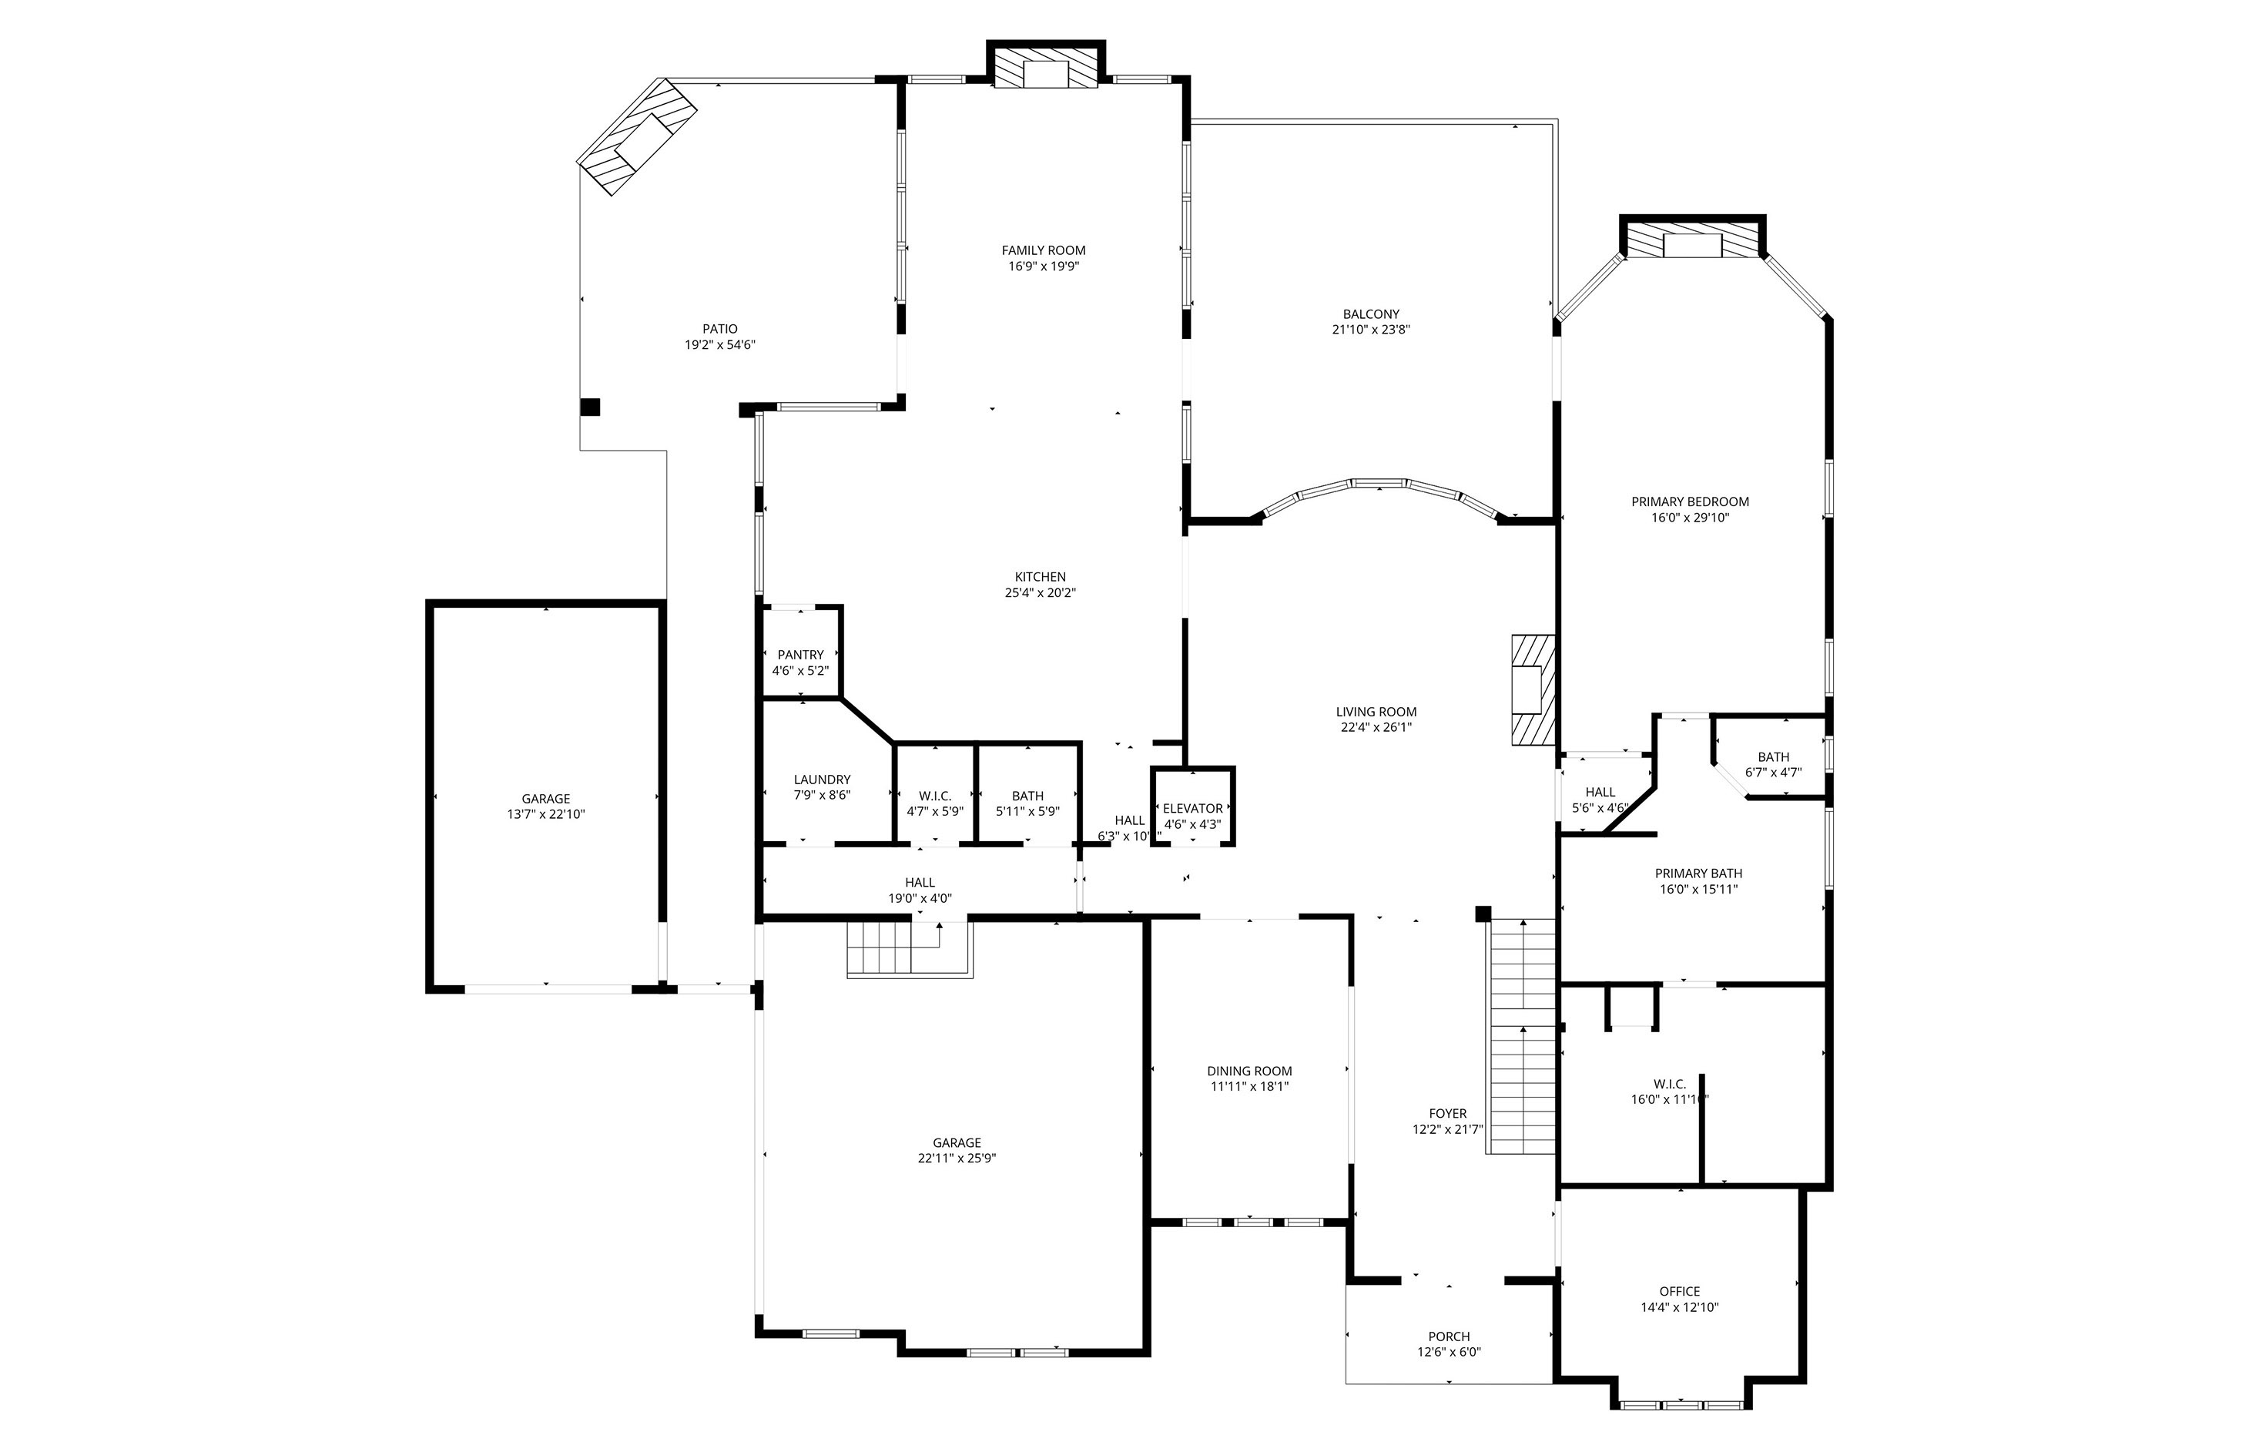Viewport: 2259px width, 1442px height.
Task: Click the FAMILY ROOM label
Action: point(1043,250)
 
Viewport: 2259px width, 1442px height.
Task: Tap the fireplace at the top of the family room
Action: point(1045,69)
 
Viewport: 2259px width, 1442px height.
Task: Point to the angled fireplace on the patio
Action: point(637,137)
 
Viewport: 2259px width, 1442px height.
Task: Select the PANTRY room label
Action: point(800,655)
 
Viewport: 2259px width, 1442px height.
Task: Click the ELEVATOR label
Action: point(1192,809)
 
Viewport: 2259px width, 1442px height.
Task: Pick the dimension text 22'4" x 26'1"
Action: point(1376,727)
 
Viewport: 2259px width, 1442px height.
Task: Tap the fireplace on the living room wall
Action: point(1533,690)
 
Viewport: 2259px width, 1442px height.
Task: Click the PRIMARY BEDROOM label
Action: point(1690,502)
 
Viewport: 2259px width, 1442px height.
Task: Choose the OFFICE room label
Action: point(1679,1292)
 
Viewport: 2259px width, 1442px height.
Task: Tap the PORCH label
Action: point(1449,1337)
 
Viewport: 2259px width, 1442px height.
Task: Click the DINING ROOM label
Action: point(1248,1071)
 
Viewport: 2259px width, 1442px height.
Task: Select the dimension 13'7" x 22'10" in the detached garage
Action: point(546,814)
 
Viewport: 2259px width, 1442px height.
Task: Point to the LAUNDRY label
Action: point(822,780)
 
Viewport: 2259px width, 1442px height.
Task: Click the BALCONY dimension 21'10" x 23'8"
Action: point(1371,330)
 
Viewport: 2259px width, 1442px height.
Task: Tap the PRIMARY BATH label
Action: point(1698,874)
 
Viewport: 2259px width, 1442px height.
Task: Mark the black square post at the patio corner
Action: point(590,407)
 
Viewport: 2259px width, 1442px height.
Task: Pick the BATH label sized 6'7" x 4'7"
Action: point(1773,773)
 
